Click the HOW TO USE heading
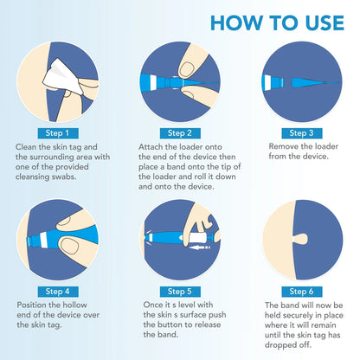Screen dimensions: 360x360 click(x=276, y=22)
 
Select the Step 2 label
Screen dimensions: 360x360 click(x=180, y=133)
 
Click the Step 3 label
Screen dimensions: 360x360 click(x=300, y=133)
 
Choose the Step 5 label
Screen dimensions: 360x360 click(x=180, y=291)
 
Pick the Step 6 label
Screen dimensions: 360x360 click(x=300, y=291)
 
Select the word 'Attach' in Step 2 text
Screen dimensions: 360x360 click(x=152, y=147)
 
